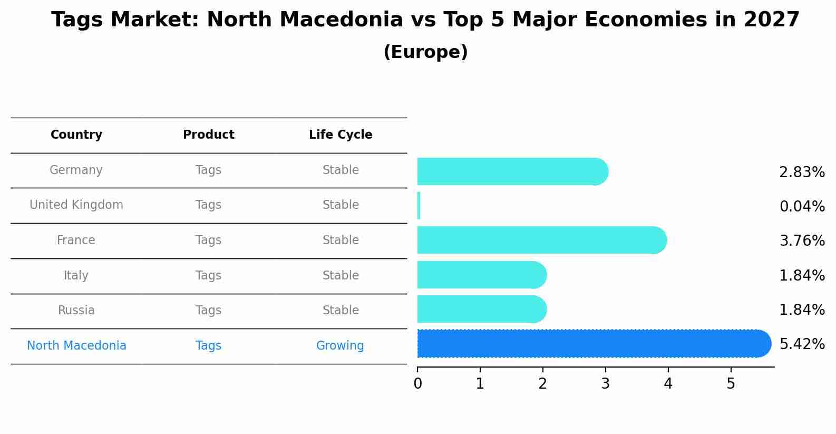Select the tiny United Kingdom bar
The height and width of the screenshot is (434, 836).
419,206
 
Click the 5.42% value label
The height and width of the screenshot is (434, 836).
802,344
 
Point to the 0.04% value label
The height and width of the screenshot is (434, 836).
802,206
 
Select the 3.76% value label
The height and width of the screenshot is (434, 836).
802,241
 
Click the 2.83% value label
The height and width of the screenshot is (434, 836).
802,172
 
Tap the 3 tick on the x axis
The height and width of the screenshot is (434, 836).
605,384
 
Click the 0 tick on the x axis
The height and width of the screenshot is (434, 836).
417,384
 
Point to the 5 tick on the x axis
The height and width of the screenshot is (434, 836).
731,384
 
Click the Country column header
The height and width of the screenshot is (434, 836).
76,135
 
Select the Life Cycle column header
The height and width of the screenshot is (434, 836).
341,135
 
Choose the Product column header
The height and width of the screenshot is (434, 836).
208,135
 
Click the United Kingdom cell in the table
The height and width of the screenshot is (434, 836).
76,205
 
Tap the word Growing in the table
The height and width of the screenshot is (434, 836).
340,346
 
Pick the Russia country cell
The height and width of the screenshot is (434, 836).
76,311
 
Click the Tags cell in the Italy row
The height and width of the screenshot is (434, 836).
208,276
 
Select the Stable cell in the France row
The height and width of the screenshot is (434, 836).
341,240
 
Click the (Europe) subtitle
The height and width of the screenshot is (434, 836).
425,52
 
